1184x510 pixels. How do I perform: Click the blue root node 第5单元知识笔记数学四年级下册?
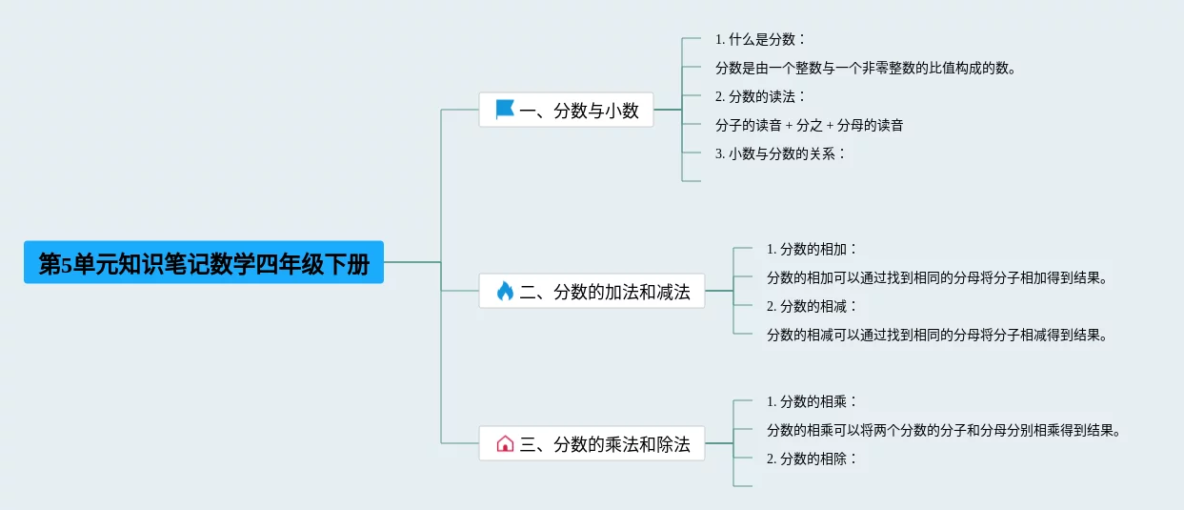203,262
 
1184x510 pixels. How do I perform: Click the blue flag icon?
505,110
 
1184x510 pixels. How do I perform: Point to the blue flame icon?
505,292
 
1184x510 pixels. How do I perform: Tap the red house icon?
505,443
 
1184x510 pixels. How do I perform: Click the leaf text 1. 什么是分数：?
761,39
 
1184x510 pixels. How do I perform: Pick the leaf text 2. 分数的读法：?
761,96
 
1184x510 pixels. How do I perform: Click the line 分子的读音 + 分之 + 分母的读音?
809,125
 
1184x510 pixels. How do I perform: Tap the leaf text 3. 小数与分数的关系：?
781,153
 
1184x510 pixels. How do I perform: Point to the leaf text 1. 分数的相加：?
813,249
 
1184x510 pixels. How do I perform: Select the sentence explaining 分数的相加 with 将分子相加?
938,277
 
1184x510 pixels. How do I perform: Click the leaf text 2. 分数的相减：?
813,306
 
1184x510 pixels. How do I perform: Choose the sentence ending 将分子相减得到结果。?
938,335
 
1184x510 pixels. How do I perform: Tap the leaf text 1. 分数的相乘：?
813,401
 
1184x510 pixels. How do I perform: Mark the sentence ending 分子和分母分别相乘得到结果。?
944,430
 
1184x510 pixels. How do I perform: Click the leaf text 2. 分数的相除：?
813,459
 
